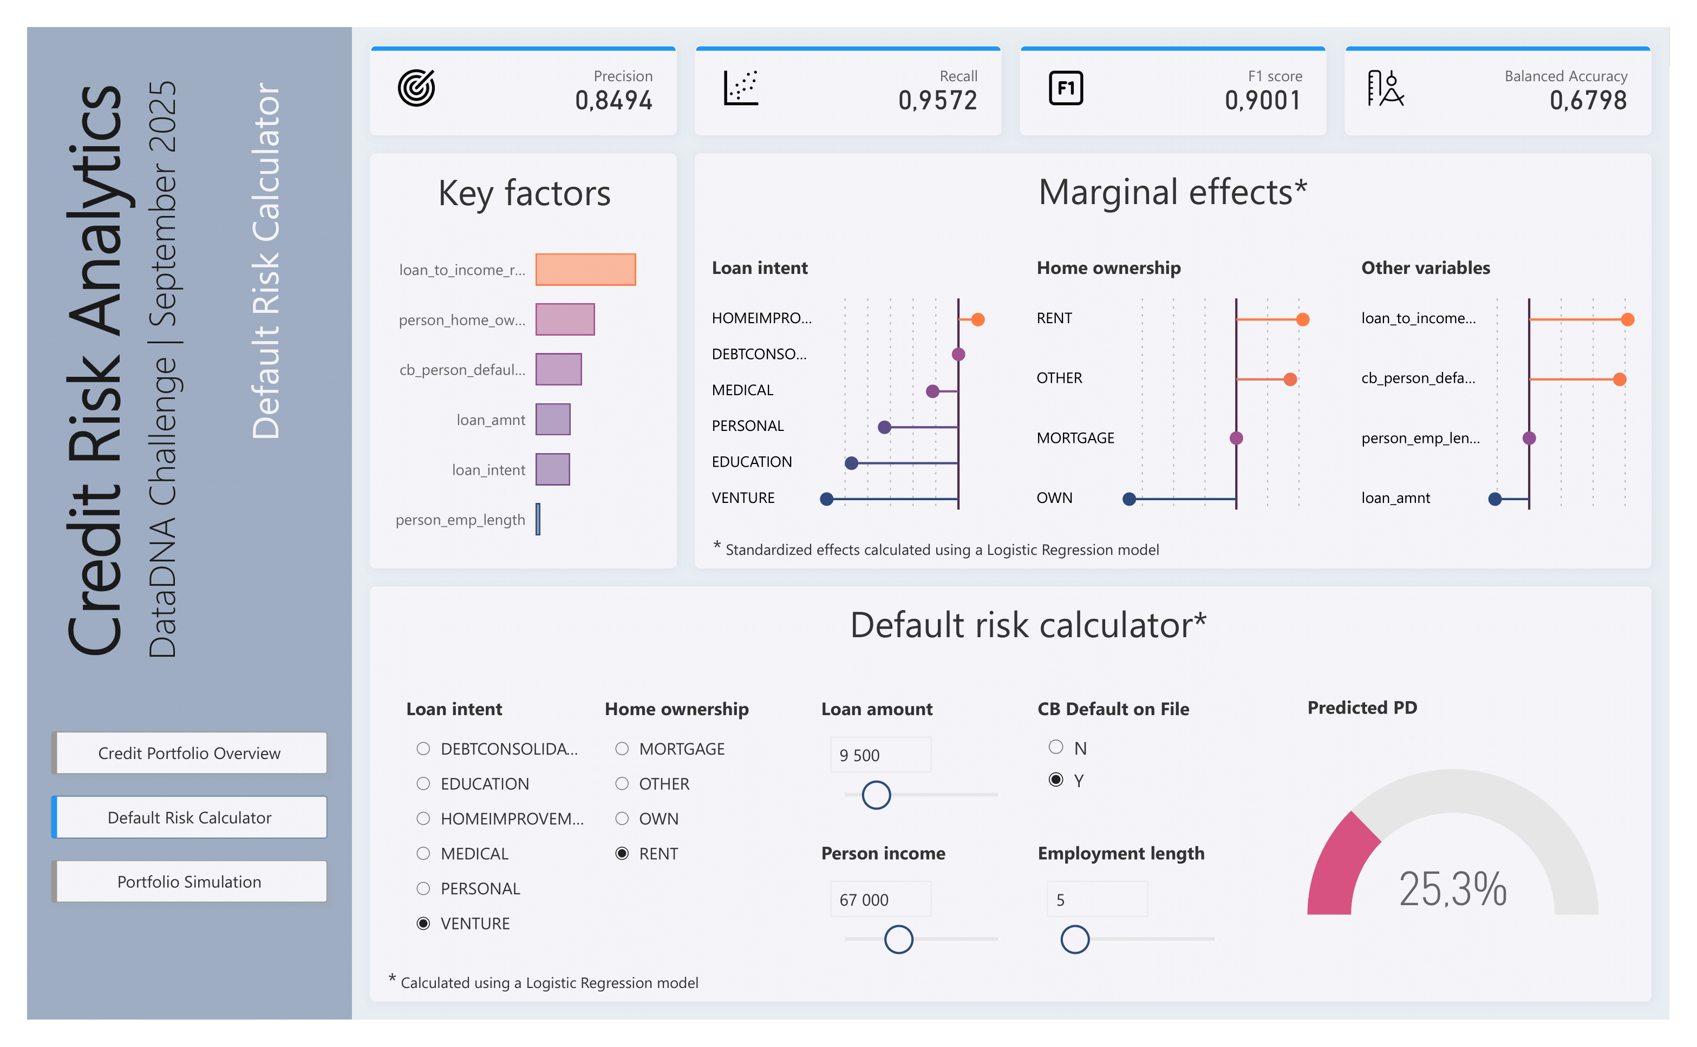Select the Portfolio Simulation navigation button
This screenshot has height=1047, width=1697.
point(189,881)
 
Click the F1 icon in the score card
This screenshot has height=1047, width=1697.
point(1065,88)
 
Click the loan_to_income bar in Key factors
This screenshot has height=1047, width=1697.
point(585,270)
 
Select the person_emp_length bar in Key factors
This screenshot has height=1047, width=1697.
point(538,519)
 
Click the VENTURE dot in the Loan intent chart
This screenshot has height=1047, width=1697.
point(826,499)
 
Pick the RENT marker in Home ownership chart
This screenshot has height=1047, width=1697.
point(1302,319)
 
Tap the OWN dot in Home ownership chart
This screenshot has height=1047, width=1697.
point(1129,499)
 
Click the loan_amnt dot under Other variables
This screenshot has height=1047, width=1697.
point(1494,499)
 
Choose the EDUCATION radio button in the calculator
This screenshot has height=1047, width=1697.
point(423,783)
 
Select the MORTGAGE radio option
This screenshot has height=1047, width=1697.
point(622,749)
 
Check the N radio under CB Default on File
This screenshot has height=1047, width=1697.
point(1055,747)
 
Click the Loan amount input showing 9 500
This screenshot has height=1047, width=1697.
point(880,755)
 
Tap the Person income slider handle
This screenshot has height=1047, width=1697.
point(898,939)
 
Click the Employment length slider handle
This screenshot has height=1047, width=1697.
point(1074,939)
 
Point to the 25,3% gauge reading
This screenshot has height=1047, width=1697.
point(1452,888)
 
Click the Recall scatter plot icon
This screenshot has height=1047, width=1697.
point(740,88)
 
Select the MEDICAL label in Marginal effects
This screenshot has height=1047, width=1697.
point(742,390)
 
